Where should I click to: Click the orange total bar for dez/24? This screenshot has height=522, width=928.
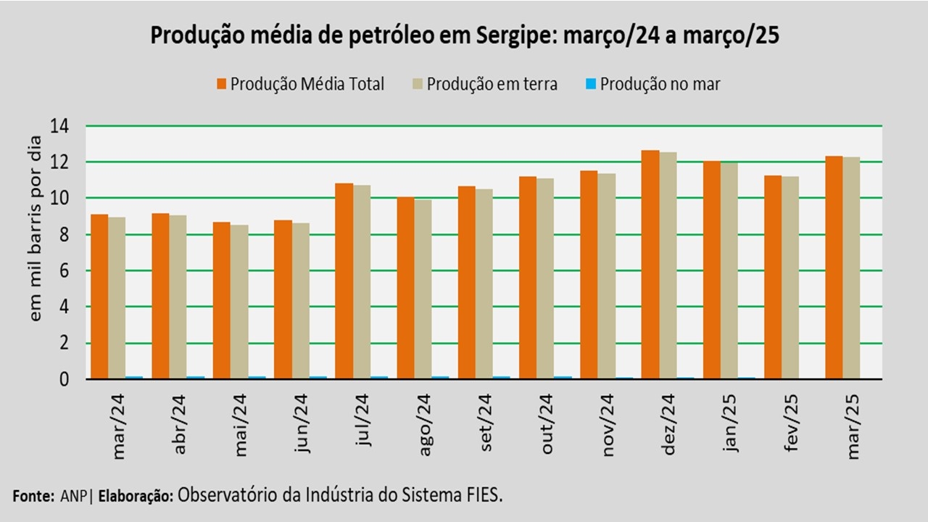[650, 265]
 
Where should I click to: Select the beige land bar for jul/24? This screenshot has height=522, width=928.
[361, 282]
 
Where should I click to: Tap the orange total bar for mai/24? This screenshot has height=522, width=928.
[221, 300]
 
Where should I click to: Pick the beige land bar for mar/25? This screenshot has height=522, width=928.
[851, 268]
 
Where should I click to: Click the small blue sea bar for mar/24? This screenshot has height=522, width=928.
[134, 377]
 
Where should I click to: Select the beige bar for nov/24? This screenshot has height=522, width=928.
[606, 276]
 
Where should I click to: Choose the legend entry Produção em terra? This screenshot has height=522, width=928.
[492, 84]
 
